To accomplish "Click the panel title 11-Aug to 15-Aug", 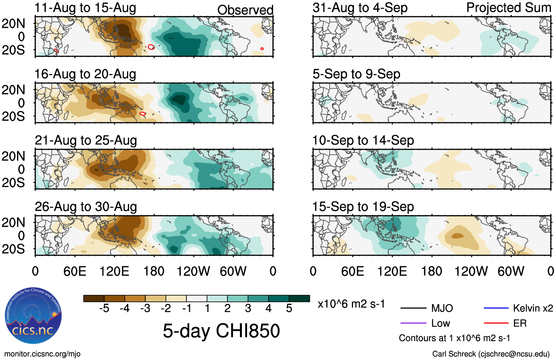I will (x=85, y=8).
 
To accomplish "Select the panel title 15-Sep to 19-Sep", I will (x=363, y=207).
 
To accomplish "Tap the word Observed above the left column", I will (x=245, y=10).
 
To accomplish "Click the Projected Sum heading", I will (x=509, y=8).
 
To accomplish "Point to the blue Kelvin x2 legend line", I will (x=496, y=308).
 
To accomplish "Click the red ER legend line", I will (x=496, y=323).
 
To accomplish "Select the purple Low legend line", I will (x=413, y=323).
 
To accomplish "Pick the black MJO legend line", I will (x=413, y=308).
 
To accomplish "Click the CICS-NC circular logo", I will (x=33, y=311).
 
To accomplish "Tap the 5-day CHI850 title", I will (x=221, y=330).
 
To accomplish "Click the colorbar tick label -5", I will (x=104, y=308).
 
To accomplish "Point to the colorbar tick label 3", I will (x=248, y=308).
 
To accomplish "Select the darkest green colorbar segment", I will (x=299, y=299).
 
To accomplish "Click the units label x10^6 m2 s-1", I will (x=351, y=304).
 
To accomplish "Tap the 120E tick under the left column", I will (x=114, y=271).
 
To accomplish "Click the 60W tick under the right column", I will (x=511, y=271).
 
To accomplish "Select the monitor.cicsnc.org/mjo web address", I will (x=42, y=354).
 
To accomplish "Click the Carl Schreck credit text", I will (x=491, y=354).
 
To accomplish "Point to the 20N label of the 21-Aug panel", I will (x=13, y=156).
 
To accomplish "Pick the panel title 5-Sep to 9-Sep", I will (x=356, y=74).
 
